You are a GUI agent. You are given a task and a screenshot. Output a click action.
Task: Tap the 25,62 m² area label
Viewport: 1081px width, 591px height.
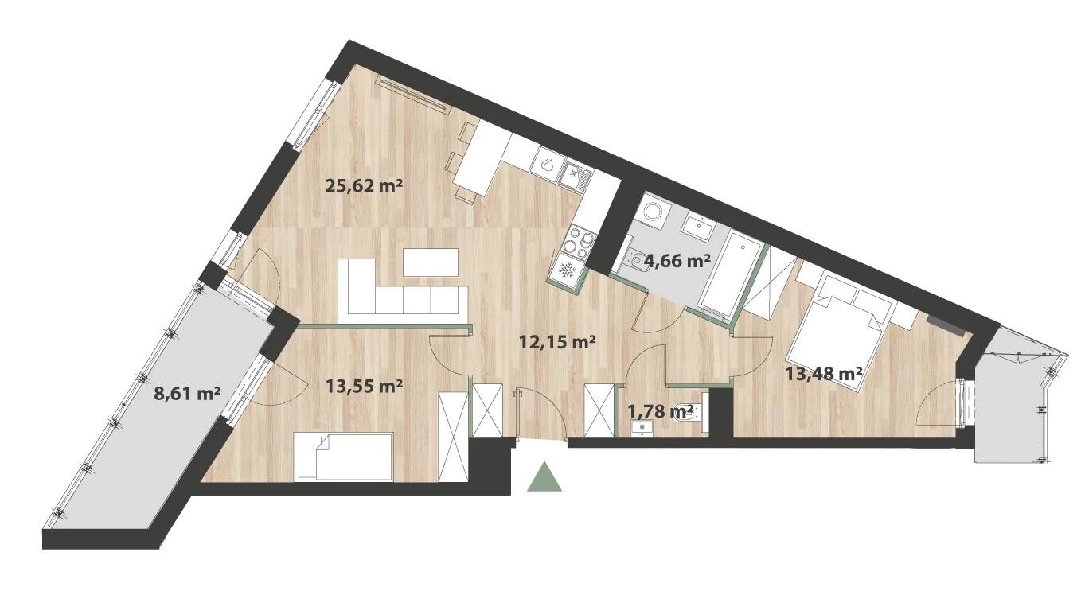point(365,185)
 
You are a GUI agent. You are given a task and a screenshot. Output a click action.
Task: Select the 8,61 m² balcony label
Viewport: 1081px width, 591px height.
point(187,394)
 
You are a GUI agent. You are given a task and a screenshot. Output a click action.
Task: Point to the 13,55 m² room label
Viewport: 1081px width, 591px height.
point(365,386)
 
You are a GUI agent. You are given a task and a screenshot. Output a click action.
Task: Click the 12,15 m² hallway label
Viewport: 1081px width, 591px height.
point(556,342)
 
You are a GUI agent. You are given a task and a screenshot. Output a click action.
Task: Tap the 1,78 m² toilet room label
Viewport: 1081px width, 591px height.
point(660,410)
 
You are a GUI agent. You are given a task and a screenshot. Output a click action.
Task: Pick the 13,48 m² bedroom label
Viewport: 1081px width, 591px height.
point(824,374)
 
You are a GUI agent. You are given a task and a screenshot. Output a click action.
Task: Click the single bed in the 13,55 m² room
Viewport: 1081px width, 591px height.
point(344,457)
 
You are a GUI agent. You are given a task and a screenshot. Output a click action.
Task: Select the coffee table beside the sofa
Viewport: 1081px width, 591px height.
point(431,262)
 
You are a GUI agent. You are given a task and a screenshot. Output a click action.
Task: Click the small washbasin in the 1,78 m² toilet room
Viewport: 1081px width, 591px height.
point(642,428)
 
